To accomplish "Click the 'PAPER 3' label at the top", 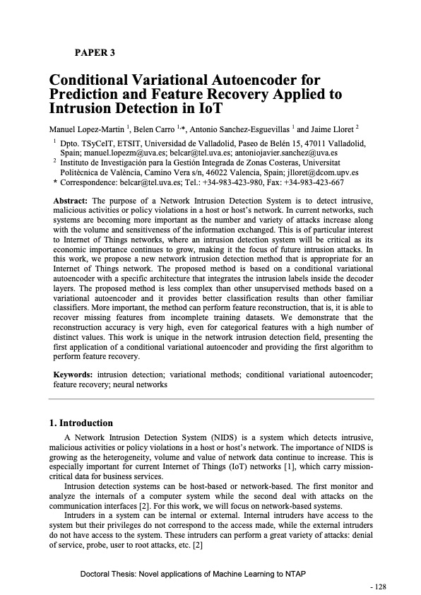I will [x=95, y=52].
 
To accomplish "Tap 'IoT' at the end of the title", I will [x=204, y=110].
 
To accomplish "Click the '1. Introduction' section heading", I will [x=81, y=423].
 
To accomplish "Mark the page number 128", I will [x=381, y=587].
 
